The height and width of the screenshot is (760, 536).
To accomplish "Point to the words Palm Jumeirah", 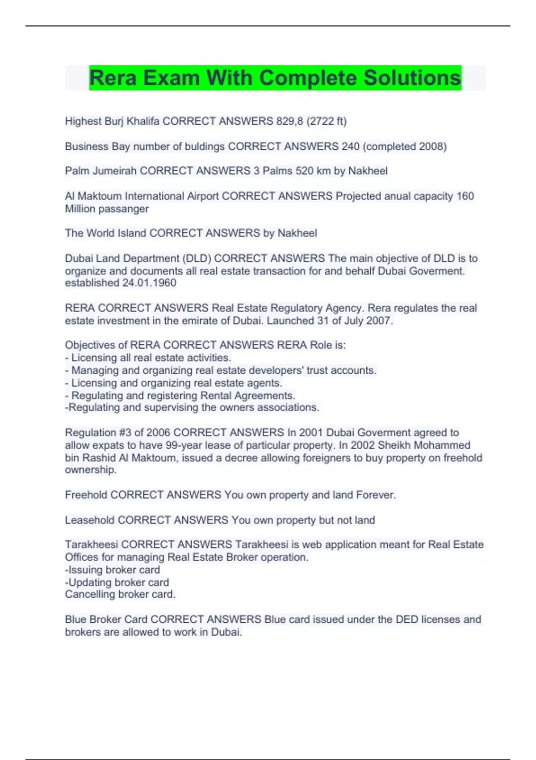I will (100, 171).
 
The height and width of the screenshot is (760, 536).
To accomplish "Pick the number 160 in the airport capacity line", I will (465, 196).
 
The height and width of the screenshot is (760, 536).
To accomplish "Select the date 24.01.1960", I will (149, 283).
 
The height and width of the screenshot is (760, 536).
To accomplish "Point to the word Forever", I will (376, 495).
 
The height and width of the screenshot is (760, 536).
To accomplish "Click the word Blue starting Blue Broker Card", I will (75, 620).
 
